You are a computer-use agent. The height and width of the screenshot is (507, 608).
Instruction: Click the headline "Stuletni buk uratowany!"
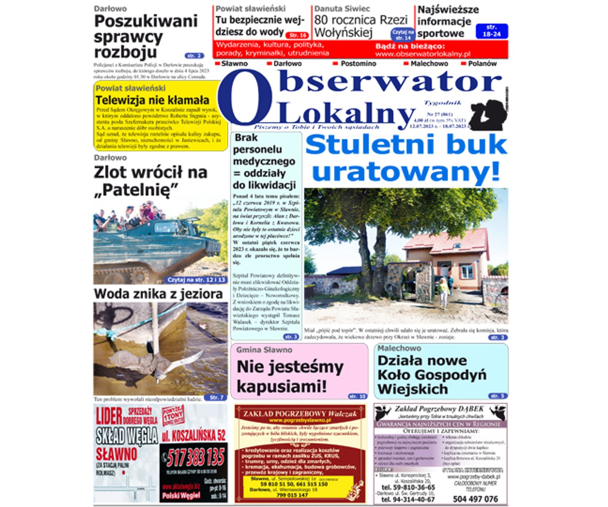click(x=406, y=158)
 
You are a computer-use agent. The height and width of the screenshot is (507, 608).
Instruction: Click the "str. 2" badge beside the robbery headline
click(x=194, y=56)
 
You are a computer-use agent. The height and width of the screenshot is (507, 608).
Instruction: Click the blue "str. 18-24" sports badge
click(x=492, y=31)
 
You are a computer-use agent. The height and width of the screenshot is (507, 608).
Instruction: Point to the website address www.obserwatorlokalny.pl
click(x=422, y=54)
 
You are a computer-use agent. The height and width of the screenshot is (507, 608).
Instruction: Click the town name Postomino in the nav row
click(x=358, y=64)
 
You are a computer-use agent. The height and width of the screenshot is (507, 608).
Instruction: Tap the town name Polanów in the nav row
click(x=482, y=64)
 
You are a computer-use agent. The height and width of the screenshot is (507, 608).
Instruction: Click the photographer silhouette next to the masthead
click(x=488, y=115)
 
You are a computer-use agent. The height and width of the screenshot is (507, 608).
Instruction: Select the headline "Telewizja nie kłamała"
click(x=152, y=100)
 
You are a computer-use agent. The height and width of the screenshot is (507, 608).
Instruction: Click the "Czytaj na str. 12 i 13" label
click(x=196, y=280)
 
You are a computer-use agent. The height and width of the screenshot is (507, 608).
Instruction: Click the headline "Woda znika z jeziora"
click(x=158, y=294)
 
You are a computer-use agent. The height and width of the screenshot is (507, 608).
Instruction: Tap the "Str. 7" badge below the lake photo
click(x=217, y=397)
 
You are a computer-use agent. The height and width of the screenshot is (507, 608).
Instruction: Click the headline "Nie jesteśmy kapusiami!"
click(x=290, y=376)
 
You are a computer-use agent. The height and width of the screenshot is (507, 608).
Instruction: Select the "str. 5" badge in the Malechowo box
click(x=498, y=396)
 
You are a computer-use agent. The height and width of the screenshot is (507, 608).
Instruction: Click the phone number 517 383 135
click(x=196, y=457)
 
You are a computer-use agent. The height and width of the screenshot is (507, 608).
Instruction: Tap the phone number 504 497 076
click(x=475, y=499)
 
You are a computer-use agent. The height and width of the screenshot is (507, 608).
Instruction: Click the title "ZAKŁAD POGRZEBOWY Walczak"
click(x=300, y=414)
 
